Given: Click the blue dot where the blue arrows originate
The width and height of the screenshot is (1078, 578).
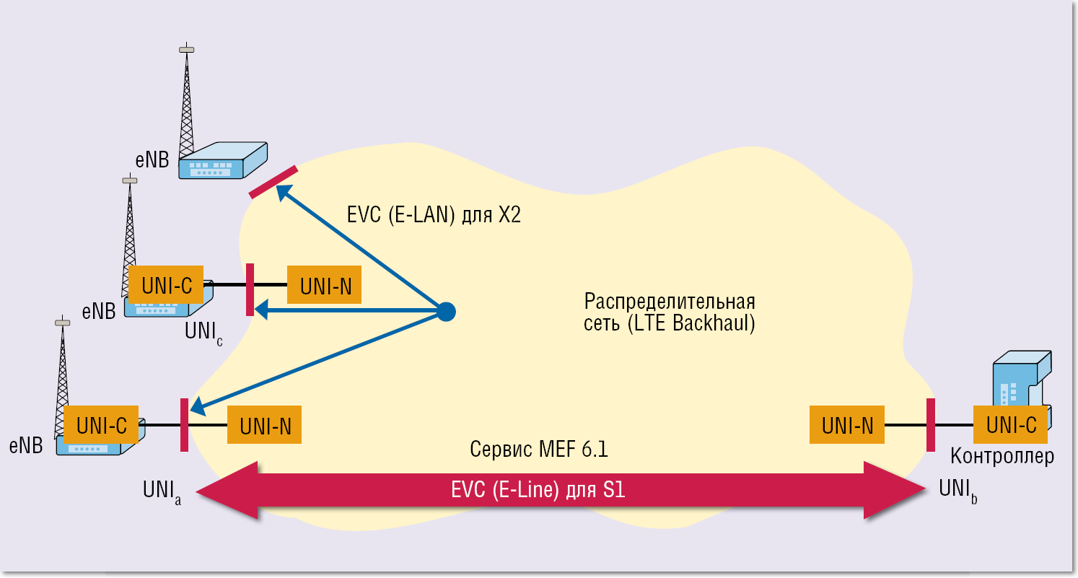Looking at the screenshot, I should pos(447,312).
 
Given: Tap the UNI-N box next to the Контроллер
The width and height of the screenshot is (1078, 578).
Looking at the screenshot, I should pos(847,425).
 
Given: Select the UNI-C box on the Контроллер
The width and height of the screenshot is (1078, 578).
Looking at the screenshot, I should pos(1010,425).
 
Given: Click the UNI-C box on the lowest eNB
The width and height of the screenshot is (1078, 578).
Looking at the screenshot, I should pos(101,425).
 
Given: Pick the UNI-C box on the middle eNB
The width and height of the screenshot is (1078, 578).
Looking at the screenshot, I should pos(166,285).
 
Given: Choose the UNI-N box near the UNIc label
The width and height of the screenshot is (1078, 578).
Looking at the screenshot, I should pos(325,286).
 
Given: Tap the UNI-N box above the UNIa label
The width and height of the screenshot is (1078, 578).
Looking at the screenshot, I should pos(264,426).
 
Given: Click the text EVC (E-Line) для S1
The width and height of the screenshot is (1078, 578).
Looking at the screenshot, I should pos(538,491).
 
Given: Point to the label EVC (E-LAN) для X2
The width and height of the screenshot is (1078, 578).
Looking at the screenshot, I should pos(433,216).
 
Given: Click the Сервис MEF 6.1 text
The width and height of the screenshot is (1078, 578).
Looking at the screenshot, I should pos(538,450).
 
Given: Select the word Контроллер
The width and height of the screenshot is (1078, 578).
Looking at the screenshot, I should pos(1002,456).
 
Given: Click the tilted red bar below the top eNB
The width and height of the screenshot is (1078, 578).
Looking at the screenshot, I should pos(273,182).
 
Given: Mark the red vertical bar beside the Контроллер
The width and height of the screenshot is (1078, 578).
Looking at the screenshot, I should pos(931,424).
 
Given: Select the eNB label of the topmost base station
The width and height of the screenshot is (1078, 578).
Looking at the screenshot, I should pos(152,159).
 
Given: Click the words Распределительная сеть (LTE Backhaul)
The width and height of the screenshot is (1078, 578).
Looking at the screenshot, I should pos(669,312).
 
